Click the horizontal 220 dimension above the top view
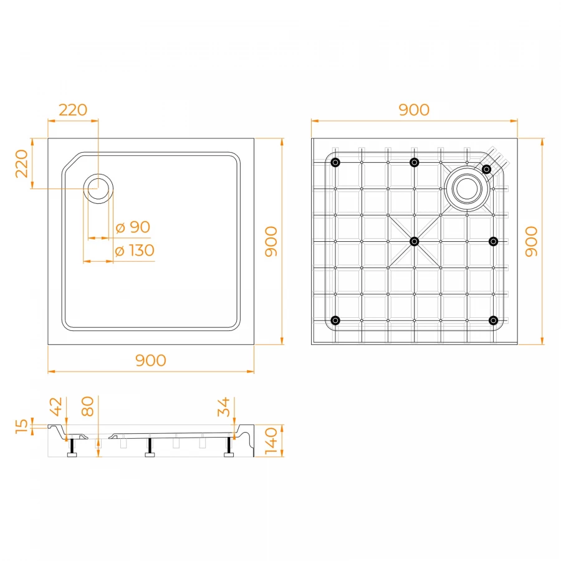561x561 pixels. tap(73, 110)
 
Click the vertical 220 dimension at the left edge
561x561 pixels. tap(22, 163)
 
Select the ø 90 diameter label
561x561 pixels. tap(133, 227)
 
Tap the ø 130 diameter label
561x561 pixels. tap(135, 251)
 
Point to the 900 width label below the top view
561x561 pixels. tap(151, 360)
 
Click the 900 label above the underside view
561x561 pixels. tap(414, 110)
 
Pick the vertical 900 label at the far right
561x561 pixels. tap(531, 241)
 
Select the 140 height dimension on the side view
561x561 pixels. tap(271, 441)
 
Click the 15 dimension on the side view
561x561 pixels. tap(21, 426)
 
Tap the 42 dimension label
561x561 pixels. tap(56, 406)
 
